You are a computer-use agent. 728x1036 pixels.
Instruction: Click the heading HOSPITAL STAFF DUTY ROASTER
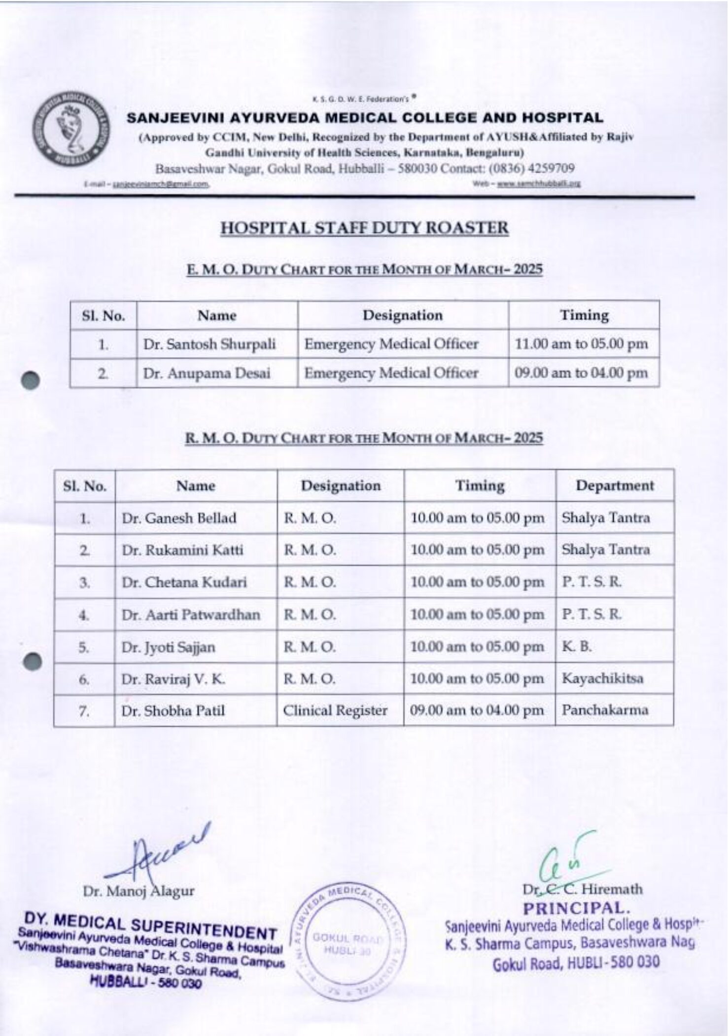click(364, 228)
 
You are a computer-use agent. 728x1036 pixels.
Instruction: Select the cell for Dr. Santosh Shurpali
click(209, 344)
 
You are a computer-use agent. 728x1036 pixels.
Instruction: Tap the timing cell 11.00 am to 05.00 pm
click(581, 344)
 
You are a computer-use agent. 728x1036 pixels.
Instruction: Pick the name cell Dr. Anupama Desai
click(207, 373)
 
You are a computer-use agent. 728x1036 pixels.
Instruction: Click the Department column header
click(615, 486)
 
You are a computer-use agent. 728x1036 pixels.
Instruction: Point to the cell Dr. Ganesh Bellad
click(179, 518)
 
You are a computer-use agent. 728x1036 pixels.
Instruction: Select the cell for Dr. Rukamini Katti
click(182, 550)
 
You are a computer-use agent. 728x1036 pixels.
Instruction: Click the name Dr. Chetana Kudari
click(184, 582)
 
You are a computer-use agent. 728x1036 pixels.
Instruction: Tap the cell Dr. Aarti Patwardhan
click(191, 615)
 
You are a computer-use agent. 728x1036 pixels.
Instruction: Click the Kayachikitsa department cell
click(602, 678)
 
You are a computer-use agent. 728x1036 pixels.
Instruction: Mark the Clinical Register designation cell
click(335, 710)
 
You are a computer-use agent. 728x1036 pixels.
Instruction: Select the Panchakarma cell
click(605, 710)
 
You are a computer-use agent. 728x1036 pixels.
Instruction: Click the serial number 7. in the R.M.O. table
click(84, 711)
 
